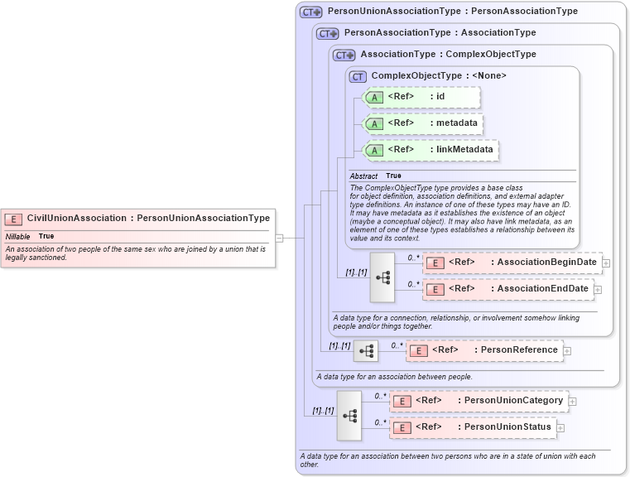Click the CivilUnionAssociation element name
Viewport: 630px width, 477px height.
(x=76, y=219)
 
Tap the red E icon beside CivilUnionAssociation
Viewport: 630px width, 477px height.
(x=13, y=219)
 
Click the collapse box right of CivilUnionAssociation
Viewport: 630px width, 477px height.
(x=279, y=238)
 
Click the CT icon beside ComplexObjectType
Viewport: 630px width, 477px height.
(x=358, y=76)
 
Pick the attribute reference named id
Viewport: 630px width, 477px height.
(x=422, y=97)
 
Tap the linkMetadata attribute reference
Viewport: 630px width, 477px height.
(x=431, y=150)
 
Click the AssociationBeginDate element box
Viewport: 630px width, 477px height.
(x=512, y=263)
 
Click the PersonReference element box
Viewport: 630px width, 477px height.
(x=485, y=350)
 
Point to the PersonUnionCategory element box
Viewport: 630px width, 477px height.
(x=479, y=401)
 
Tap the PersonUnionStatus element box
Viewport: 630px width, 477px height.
(x=473, y=427)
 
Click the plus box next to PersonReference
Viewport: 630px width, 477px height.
(x=567, y=351)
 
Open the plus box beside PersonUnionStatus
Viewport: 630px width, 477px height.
(x=560, y=428)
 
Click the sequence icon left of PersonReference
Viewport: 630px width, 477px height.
(x=365, y=351)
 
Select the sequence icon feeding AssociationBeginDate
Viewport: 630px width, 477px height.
(x=382, y=276)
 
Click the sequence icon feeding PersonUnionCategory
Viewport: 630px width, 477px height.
(x=349, y=414)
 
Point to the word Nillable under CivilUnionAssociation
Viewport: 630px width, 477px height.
(x=17, y=236)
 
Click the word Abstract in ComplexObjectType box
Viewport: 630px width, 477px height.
(x=363, y=176)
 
